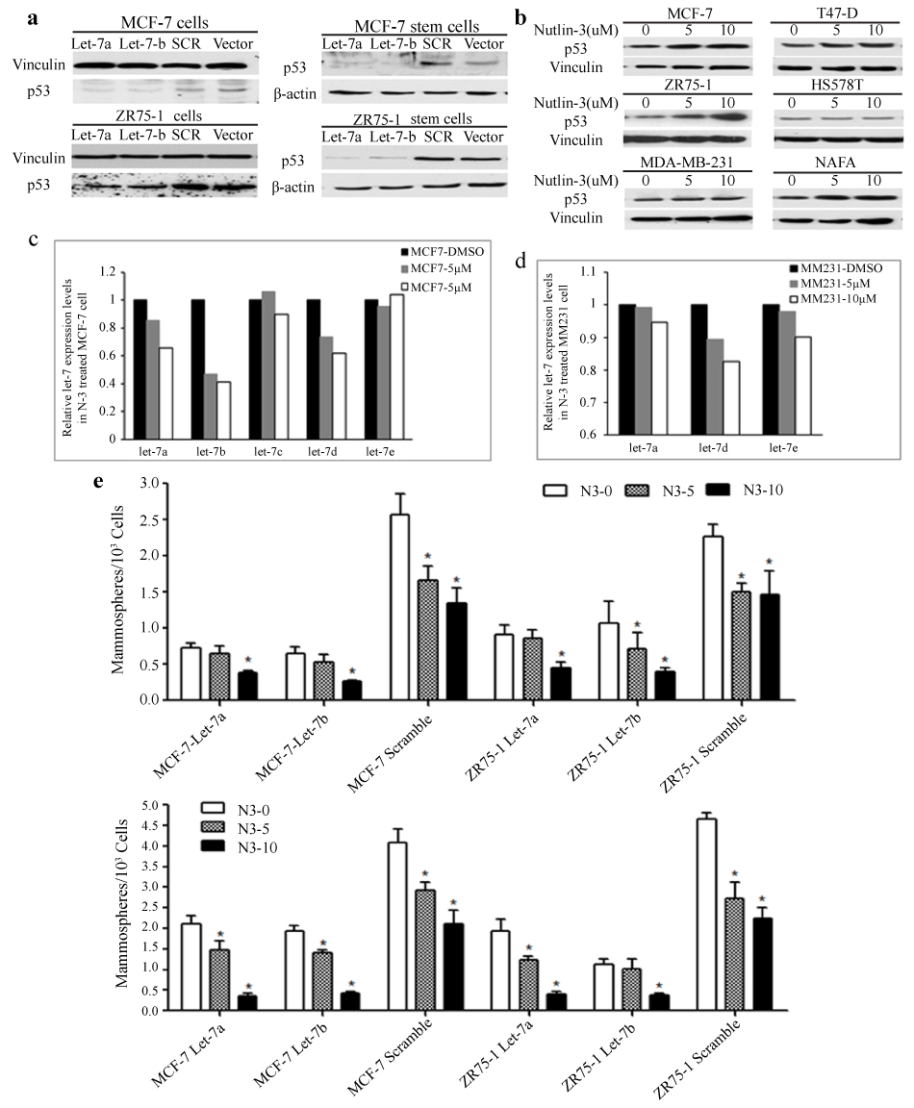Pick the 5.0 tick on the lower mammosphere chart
pyautogui.click(x=147, y=803)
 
